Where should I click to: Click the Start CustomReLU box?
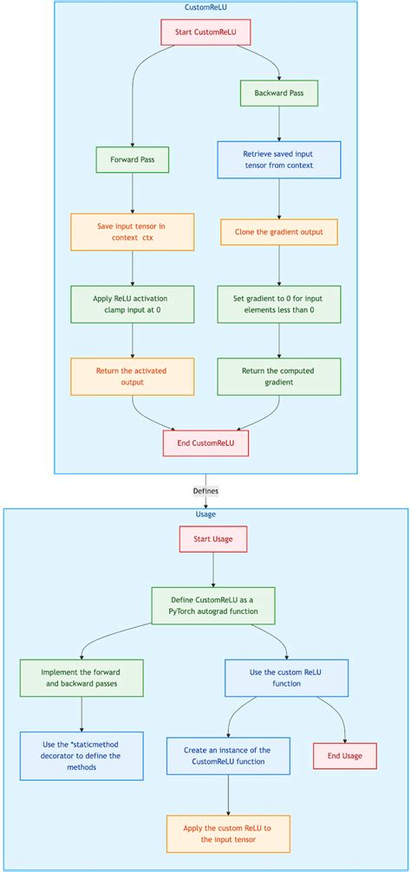205,33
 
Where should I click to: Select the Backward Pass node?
278,93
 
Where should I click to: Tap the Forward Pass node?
132,159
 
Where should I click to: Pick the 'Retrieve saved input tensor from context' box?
278,159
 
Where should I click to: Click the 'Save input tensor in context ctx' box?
132,232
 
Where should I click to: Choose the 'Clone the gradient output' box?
278,232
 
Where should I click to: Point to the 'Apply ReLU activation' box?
132,304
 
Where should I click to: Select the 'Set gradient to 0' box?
278,304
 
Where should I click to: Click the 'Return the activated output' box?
132,376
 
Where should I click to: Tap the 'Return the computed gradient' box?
278,376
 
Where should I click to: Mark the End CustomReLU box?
205,443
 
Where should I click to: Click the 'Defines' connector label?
205,490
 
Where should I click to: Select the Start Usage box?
213,539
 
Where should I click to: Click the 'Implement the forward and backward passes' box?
82,678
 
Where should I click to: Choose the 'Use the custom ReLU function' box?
286,678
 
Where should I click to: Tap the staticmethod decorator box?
82,755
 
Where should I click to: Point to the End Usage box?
345,755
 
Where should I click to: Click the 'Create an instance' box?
228,755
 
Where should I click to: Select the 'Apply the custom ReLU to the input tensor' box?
228,833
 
